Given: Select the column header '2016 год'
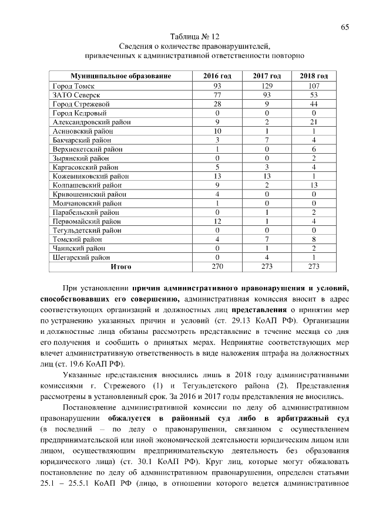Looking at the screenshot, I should [x=217, y=77].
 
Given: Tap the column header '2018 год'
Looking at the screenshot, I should [x=314, y=77].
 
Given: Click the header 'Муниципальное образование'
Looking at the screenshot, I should [x=120, y=77].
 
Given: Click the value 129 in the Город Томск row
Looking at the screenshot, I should [x=266, y=86].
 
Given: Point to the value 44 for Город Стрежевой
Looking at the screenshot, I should [x=314, y=104].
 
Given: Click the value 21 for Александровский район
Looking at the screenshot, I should [x=314, y=122].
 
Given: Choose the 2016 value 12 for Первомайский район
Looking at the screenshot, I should [x=217, y=221].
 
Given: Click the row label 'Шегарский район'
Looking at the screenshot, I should [x=81, y=257].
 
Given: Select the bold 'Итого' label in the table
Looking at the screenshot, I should [x=120, y=266].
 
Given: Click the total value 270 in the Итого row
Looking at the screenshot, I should [x=217, y=266].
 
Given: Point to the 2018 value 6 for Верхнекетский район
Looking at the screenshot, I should [x=314, y=149].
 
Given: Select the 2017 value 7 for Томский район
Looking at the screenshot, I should [x=266, y=239].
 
